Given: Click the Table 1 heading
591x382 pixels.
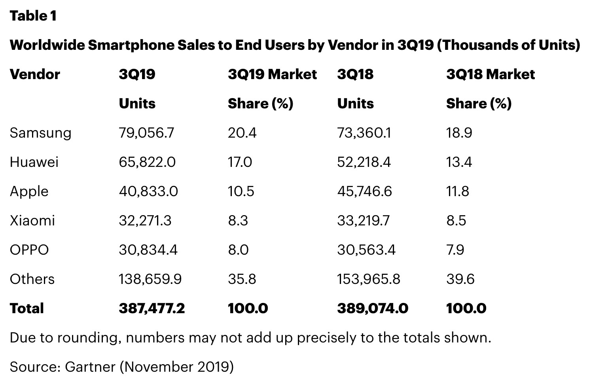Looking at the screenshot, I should (x=33, y=16).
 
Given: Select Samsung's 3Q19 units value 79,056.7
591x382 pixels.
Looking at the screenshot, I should (x=146, y=133).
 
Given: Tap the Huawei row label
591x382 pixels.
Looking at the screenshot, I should (x=34, y=162).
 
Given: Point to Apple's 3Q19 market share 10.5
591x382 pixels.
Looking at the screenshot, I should (x=241, y=191).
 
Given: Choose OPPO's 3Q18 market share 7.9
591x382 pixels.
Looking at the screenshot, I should (x=455, y=250).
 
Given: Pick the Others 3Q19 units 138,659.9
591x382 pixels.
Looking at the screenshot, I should (x=150, y=279).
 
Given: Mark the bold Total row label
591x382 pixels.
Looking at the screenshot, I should (x=27, y=308).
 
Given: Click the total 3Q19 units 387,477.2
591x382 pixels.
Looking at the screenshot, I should (x=152, y=308).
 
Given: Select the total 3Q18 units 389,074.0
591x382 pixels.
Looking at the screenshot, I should (x=372, y=308).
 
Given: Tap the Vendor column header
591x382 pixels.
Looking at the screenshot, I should (x=35, y=74).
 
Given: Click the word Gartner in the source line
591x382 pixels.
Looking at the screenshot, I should (x=90, y=367).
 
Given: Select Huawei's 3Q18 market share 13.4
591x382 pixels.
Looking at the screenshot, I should (x=459, y=162).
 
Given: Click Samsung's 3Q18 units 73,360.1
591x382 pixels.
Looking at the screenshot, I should (x=364, y=133).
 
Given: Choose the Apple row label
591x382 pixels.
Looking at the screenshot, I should (x=29, y=192).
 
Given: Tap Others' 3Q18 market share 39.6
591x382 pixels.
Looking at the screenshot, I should (x=460, y=279).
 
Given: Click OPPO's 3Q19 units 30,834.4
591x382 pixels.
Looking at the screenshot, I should (x=148, y=250).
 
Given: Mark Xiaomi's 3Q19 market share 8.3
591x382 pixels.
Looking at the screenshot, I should (x=238, y=221).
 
